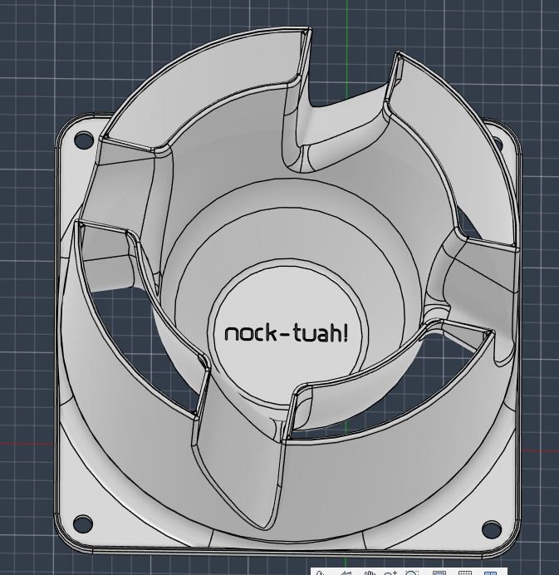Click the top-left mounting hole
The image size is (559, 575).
click(x=84, y=140)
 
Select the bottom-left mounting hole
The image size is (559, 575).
click(x=83, y=523)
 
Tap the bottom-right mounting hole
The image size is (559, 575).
click(x=491, y=528)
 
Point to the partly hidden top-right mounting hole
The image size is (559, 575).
click(x=498, y=142)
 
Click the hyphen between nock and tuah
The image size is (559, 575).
click(x=286, y=334)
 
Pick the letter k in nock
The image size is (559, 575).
click(x=272, y=332)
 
